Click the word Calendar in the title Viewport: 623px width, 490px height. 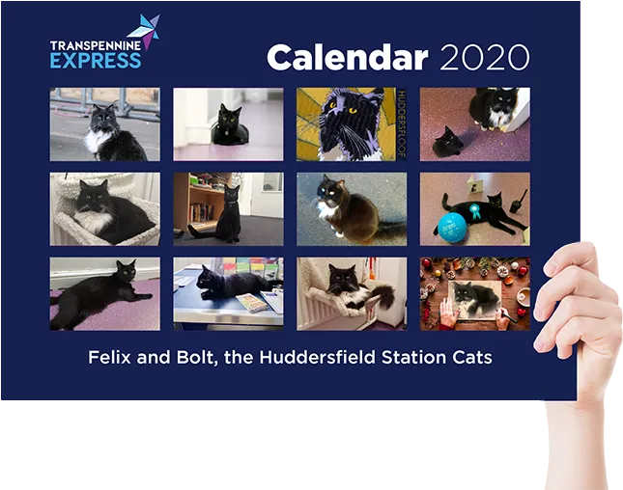pos(348,58)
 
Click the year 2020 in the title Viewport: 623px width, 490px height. pos(485,58)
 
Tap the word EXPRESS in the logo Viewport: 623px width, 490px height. pos(96,61)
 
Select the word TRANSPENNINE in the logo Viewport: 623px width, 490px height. pos(96,45)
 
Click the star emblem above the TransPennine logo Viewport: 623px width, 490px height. pos(146,31)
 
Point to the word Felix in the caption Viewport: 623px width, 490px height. pos(109,357)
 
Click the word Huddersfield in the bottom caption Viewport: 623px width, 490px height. pos(318,357)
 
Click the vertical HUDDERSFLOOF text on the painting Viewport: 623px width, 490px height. pos(401,123)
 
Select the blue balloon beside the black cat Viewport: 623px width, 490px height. pos(453,227)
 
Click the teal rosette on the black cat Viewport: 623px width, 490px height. pos(474,210)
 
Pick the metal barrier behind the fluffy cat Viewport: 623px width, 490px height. pos(105,101)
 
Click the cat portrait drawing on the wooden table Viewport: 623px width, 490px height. pos(475,300)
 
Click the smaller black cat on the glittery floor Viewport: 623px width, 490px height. pos(448,143)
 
